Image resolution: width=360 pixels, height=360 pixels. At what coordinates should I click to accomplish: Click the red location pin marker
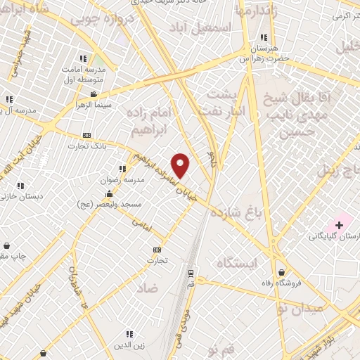coord(181,166)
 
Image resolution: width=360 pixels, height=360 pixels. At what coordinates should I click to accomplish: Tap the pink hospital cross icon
coord(340,225)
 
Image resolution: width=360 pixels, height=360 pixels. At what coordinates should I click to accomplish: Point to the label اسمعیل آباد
coord(200,28)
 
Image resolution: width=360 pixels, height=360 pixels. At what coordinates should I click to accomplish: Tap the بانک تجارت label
coord(82,146)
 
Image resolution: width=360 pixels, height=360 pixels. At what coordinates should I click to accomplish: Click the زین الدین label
coord(130,344)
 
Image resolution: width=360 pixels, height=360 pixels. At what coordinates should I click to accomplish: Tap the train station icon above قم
coord(190,274)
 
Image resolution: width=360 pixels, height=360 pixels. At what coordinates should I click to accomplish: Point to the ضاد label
coord(148,288)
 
